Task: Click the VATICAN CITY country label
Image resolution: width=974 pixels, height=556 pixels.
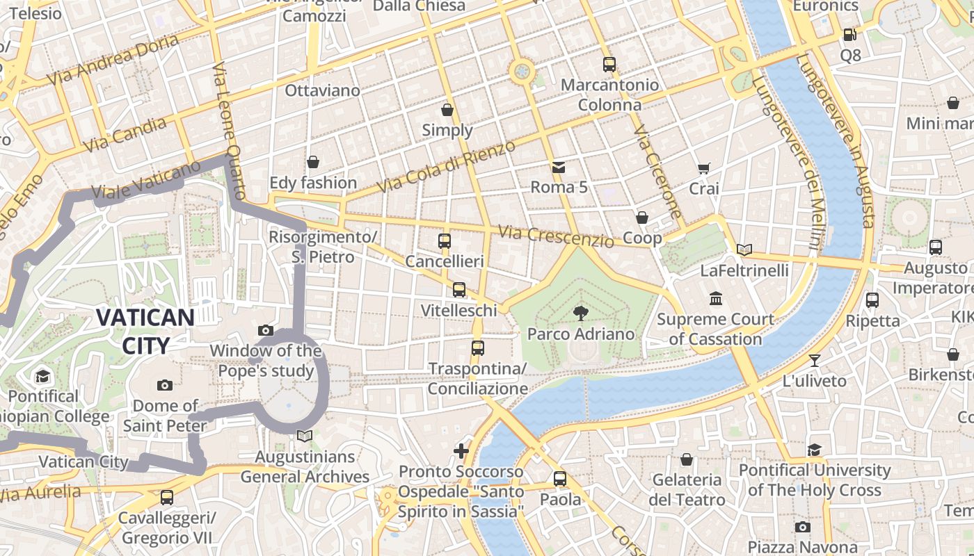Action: point(145,332)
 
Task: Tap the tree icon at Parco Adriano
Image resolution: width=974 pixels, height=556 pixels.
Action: point(580,313)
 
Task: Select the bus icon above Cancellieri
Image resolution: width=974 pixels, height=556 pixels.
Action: point(445,241)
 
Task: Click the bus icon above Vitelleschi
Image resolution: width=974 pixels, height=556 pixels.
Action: point(459,290)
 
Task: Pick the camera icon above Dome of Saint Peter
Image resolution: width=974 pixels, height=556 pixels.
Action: point(165,385)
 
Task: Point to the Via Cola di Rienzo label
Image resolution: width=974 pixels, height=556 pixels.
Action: point(446,167)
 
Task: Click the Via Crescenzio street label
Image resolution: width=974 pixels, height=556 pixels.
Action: point(557,236)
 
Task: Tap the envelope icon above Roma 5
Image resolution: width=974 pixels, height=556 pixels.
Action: point(559,167)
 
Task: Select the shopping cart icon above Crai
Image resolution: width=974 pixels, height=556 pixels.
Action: point(704,168)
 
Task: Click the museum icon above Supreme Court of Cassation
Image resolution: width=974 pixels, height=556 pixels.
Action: point(716,299)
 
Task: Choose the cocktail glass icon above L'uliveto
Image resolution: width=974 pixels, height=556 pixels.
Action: point(815,360)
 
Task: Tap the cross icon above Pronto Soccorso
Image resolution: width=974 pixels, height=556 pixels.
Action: point(461,451)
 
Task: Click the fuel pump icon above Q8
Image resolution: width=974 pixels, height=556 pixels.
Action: point(849,34)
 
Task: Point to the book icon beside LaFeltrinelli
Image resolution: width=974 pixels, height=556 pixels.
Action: point(744,250)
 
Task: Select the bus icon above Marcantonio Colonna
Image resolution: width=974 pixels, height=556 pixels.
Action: point(609,64)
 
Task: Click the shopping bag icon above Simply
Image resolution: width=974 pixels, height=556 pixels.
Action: point(447,110)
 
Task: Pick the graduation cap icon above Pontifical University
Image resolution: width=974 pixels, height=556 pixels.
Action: point(815,450)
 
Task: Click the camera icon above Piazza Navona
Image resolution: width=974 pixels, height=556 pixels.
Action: point(803,527)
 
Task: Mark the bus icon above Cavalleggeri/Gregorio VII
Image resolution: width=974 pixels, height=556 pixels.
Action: point(167,498)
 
